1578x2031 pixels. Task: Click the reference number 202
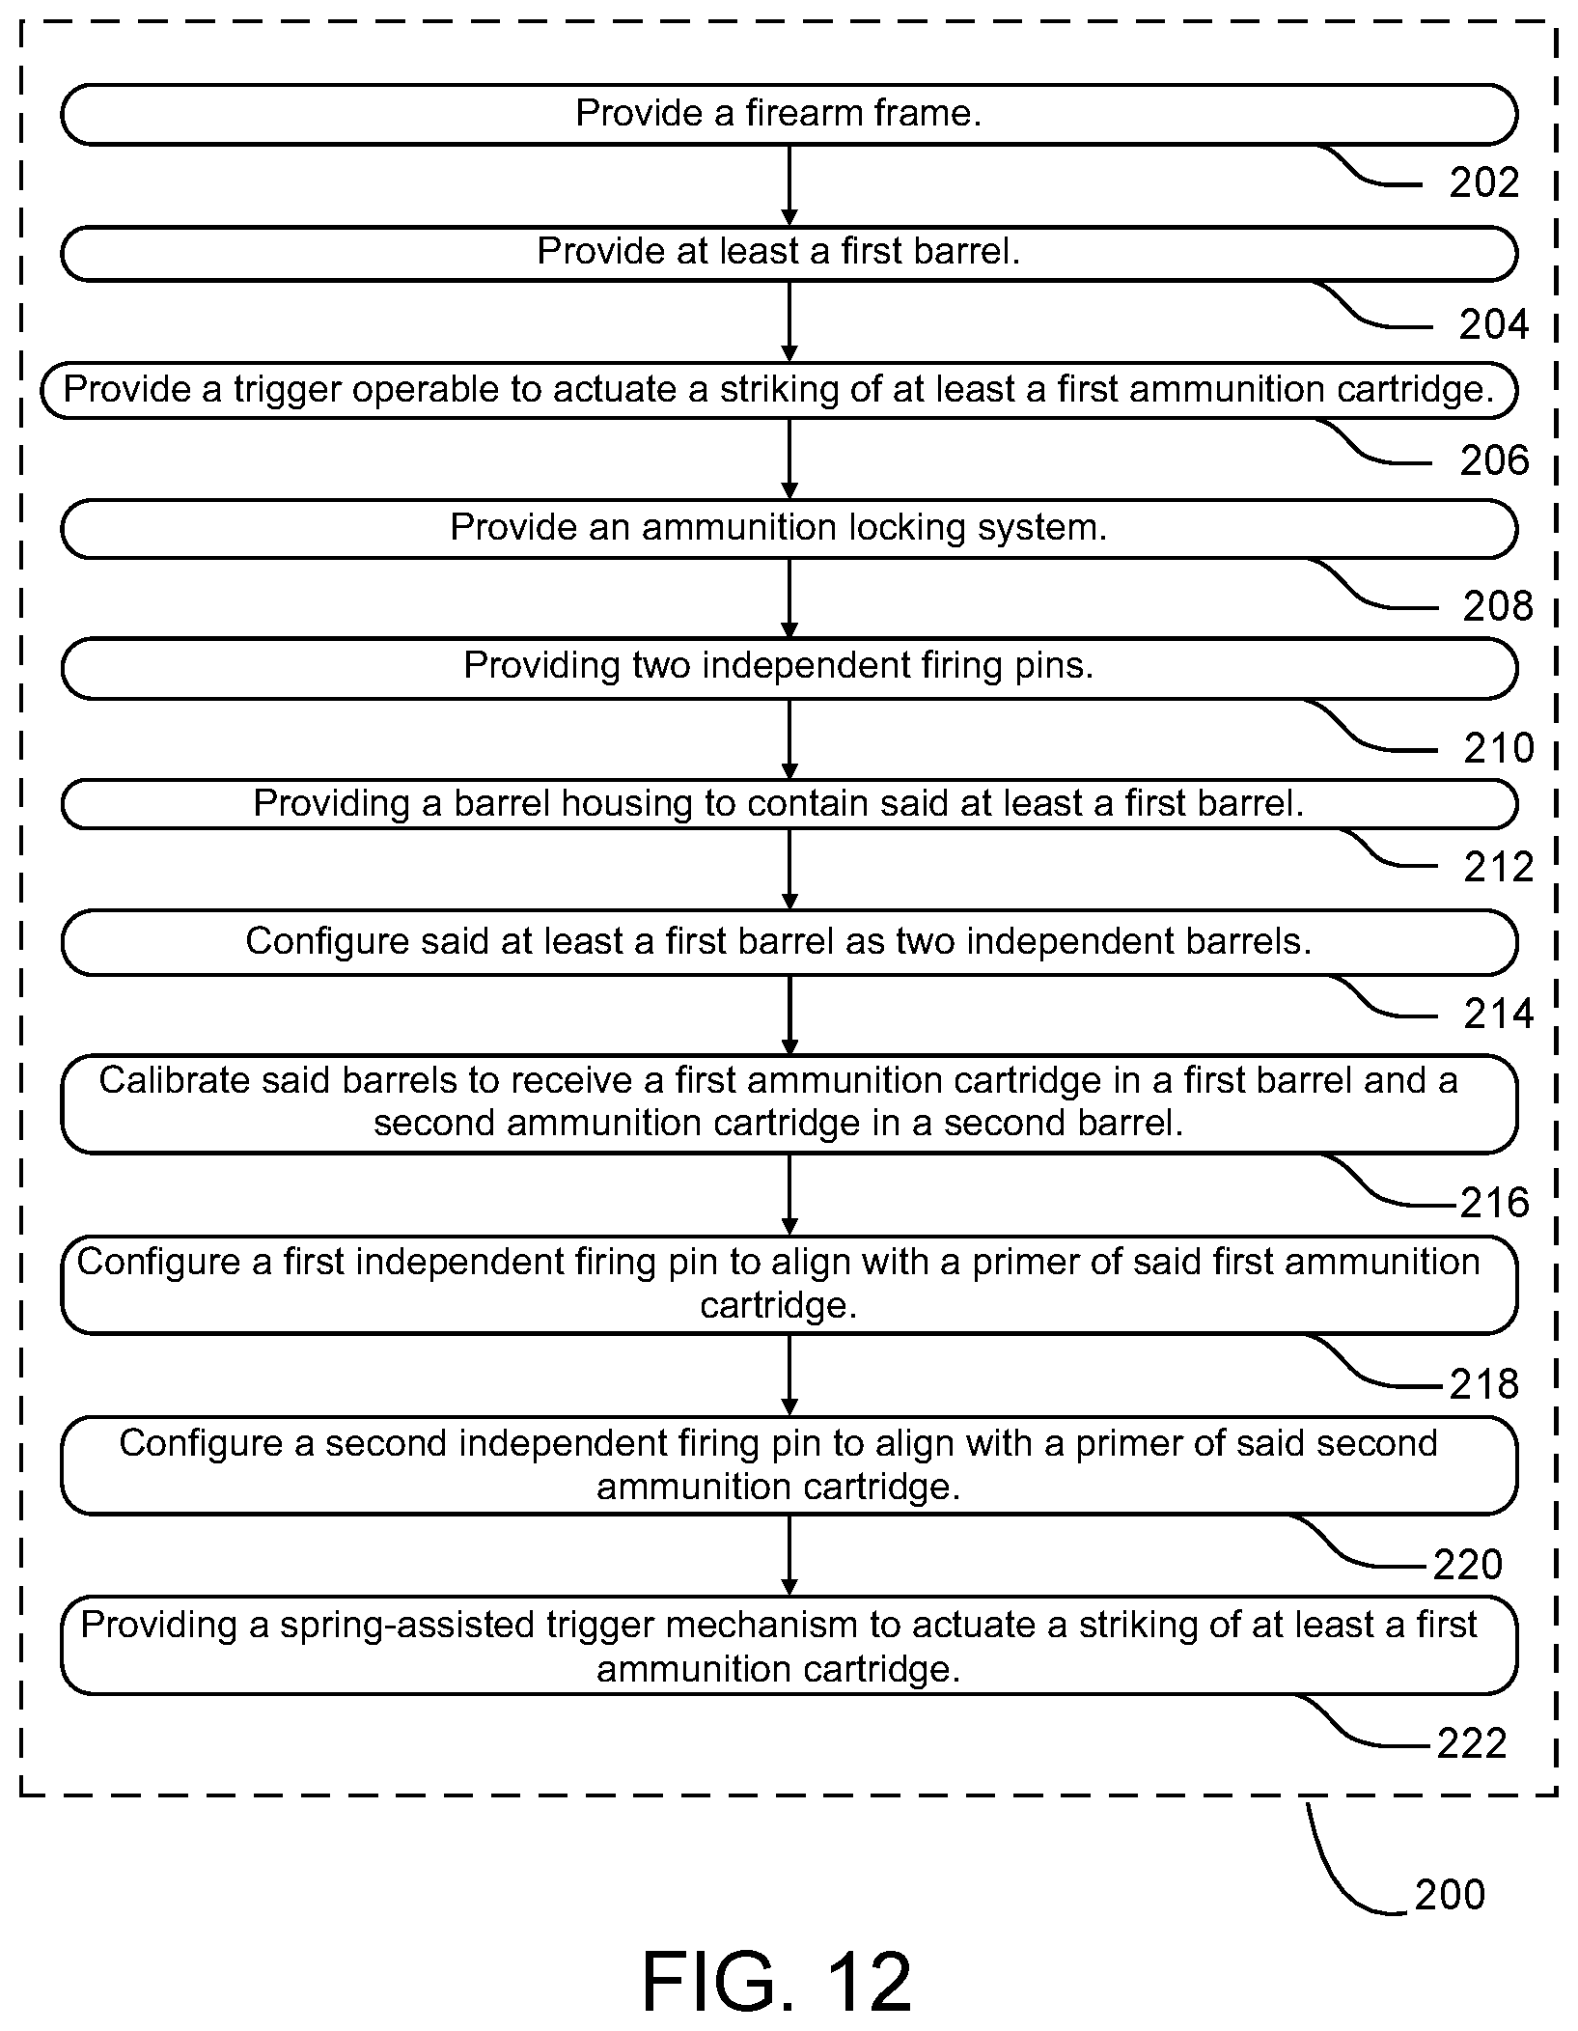[1483, 182]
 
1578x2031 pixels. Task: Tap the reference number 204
[1494, 324]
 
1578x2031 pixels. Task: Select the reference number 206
[1494, 460]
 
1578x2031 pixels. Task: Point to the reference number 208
[1498, 606]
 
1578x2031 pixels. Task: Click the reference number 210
[1498, 748]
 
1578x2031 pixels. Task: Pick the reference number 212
[1498, 867]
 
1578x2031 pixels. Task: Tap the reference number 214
[1498, 1014]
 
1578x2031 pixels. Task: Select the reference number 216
[1495, 1203]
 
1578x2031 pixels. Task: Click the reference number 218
[1484, 1385]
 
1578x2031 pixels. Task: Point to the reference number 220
[1468, 1565]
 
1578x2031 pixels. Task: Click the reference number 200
[1450, 1895]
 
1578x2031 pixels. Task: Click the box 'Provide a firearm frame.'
[789, 115]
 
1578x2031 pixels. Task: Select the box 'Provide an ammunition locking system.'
[789, 529]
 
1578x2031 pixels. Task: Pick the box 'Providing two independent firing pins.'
[789, 668]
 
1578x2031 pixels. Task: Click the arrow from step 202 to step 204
[789, 185]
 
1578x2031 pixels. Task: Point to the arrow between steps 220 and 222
[789, 1555]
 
